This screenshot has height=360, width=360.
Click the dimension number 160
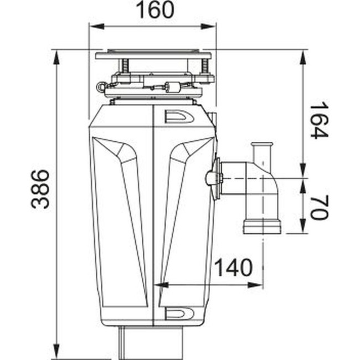pos(153,10)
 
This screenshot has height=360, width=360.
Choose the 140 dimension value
pos(233,268)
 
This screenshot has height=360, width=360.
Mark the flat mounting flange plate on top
pos(153,55)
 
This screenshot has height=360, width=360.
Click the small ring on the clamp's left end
pos(100,86)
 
